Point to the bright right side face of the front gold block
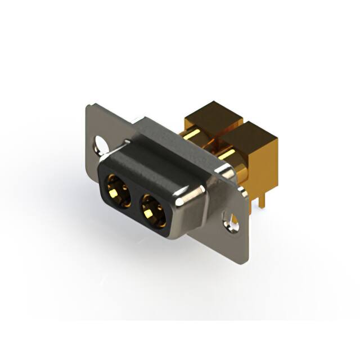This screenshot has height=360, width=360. [269, 163]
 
